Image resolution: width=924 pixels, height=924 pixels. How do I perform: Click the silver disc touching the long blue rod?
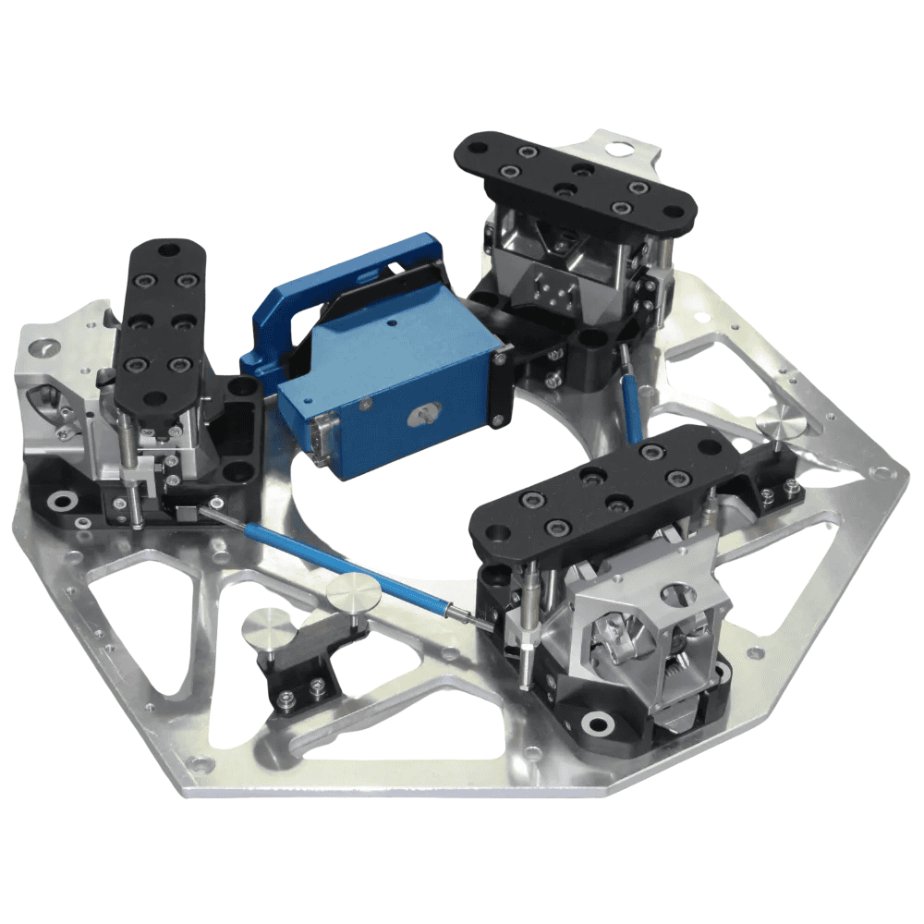(x=355, y=592)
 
